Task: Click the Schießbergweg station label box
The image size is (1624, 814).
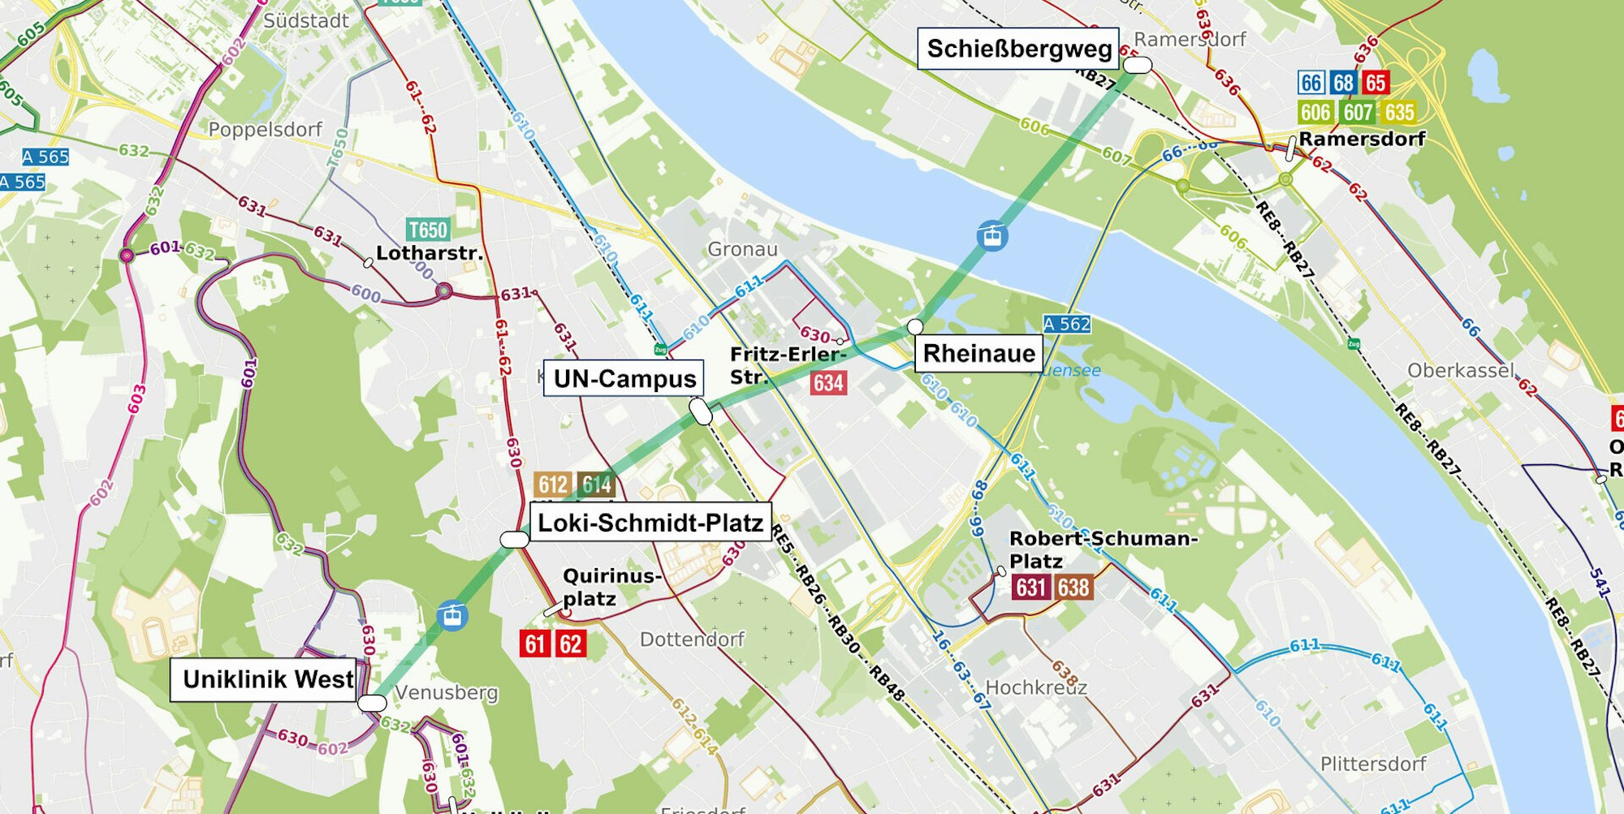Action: point(1018,49)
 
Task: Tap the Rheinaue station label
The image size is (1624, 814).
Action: point(978,354)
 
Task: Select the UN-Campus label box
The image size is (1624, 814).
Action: point(624,379)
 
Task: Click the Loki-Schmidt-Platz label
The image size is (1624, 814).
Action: point(650,523)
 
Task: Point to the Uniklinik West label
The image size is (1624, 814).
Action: point(267,679)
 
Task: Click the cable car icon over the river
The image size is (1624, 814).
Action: point(992,236)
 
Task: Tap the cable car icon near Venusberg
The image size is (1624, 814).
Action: point(452,615)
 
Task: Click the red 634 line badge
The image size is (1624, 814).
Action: point(828,383)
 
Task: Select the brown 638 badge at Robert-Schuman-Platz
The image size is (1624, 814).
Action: point(1073,587)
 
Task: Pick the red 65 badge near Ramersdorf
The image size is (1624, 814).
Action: point(1375,83)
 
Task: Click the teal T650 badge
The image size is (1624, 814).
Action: point(427,230)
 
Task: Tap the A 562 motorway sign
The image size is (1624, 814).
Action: point(1066,325)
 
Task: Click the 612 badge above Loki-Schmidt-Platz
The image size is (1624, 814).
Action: point(553,485)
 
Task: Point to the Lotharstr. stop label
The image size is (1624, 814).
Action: point(429,253)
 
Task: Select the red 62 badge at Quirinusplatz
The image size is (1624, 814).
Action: point(570,644)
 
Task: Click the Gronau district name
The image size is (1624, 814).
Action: point(742,249)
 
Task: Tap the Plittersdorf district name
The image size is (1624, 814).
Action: point(1372,764)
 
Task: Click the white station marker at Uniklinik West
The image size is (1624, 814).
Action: point(372,703)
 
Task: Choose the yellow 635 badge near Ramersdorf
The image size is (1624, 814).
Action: point(1399,112)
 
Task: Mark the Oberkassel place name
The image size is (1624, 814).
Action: point(1460,371)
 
